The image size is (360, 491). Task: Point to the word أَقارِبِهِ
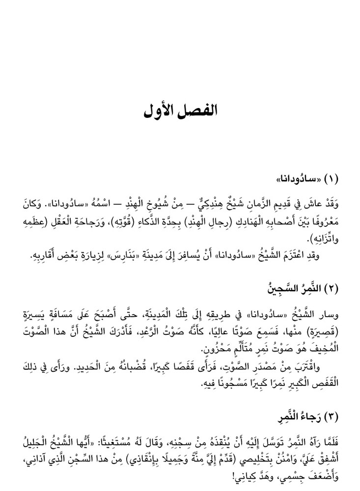[x=45, y=257]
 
